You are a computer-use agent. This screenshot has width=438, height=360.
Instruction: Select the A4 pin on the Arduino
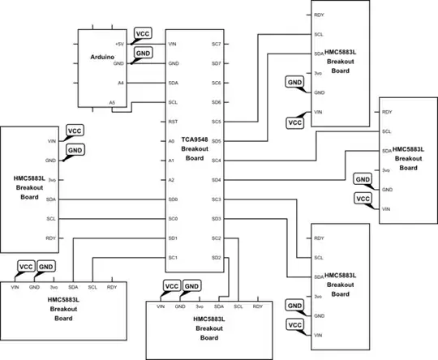click(121, 83)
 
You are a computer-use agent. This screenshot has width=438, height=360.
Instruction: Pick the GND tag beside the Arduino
click(143, 52)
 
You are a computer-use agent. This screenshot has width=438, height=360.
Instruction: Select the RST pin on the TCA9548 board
click(172, 122)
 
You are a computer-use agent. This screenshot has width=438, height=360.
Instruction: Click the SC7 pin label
click(216, 44)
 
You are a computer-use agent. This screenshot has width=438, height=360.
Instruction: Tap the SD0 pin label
click(172, 199)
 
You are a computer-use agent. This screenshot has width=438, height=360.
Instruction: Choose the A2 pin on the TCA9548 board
click(171, 180)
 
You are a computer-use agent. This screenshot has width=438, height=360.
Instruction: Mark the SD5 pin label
click(216, 141)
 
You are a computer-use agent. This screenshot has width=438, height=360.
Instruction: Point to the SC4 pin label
click(216, 161)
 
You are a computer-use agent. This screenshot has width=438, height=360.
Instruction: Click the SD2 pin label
click(216, 258)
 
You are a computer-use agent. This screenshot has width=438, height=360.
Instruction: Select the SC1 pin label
click(172, 258)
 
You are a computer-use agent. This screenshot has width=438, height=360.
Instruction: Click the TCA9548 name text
click(194, 139)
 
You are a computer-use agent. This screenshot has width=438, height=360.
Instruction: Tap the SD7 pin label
click(216, 63)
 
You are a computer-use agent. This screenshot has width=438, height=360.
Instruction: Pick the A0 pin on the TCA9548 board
click(171, 141)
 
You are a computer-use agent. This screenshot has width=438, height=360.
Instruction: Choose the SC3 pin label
click(216, 199)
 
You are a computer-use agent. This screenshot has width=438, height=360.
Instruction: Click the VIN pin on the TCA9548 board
click(172, 44)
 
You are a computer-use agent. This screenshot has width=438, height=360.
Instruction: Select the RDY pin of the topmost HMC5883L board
click(320, 15)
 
